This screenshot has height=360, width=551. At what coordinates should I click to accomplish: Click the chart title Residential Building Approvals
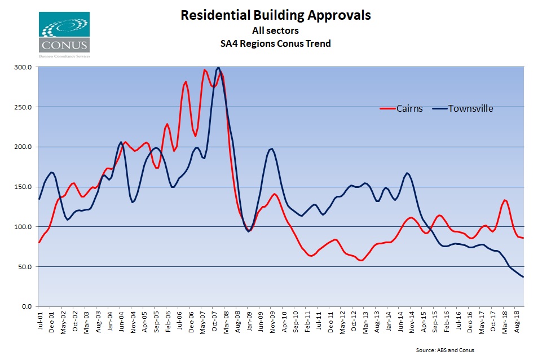click(275, 15)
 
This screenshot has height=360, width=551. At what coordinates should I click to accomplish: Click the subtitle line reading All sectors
click(275, 30)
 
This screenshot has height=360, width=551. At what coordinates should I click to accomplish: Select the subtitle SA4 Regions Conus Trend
click(275, 43)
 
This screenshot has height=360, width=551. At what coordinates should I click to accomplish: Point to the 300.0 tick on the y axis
click(23, 67)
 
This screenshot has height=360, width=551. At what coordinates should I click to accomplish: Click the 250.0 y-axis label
click(23, 107)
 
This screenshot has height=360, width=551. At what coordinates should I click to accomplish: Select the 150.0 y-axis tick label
click(23, 187)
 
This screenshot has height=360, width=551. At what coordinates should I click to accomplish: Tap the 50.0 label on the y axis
click(24, 266)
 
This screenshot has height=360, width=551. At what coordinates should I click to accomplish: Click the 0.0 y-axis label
click(26, 306)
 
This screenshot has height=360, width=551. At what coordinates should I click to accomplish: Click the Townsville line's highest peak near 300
click(218, 67)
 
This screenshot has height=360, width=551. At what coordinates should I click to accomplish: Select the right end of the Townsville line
click(523, 276)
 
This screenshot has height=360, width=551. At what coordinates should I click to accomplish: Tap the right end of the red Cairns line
click(523, 238)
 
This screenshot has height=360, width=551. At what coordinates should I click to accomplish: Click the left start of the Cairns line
click(39, 242)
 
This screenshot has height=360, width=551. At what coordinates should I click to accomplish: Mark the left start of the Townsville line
click(39, 199)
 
